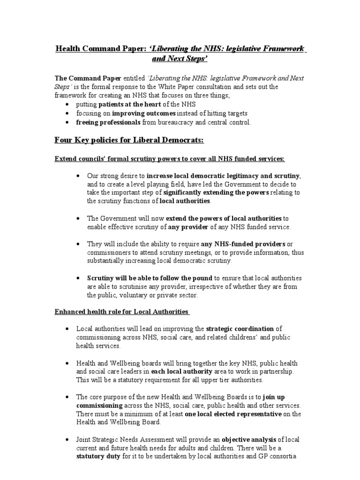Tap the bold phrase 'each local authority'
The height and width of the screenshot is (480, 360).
(179, 371)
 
